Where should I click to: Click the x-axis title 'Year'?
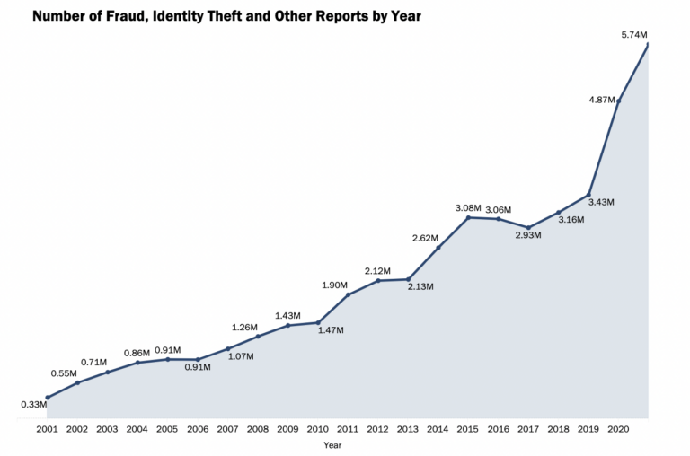(332, 445)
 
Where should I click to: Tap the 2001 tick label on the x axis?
(47, 429)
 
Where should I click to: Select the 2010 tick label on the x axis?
(318, 429)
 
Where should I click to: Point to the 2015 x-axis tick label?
(468, 429)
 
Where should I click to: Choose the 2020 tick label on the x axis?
(618, 429)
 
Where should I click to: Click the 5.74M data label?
(633, 34)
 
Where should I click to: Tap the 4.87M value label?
(601, 100)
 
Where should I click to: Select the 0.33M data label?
(33, 404)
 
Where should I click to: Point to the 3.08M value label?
(468, 208)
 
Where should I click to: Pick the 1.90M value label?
(334, 285)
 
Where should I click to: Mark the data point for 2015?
(468, 217)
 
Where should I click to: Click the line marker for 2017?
(528, 227)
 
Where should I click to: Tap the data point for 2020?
(618, 101)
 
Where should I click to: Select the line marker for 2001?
(47, 397)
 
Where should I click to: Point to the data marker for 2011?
(348, 294)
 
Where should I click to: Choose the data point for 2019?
(588, 194)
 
